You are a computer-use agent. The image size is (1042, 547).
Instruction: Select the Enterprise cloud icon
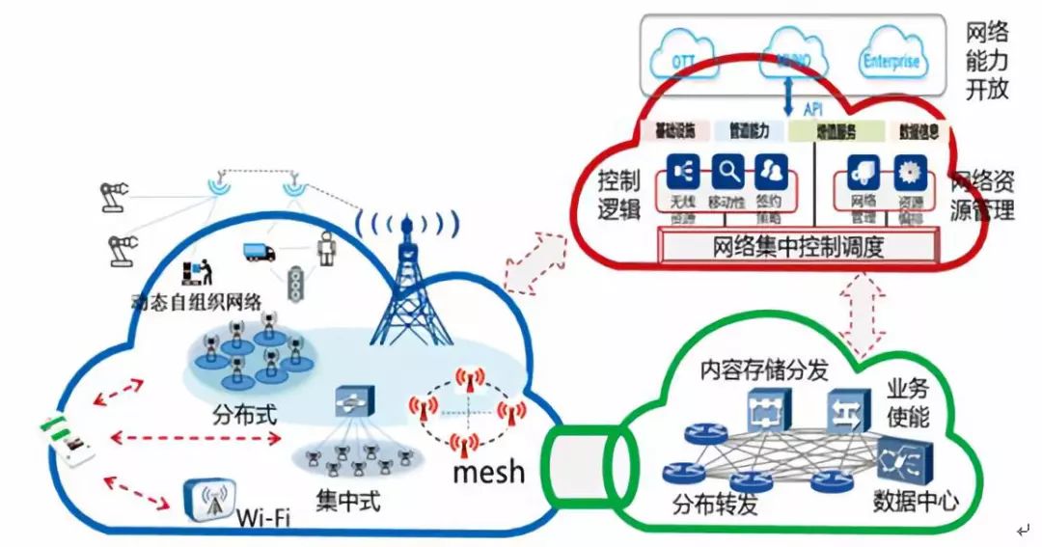891,62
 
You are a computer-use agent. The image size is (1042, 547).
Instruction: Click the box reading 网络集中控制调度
798,247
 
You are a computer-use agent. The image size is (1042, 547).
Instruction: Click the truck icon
259,252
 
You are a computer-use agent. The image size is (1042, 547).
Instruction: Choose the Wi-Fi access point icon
209,501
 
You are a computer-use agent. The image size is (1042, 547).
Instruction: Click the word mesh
489,471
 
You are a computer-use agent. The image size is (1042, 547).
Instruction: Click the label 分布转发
716,504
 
